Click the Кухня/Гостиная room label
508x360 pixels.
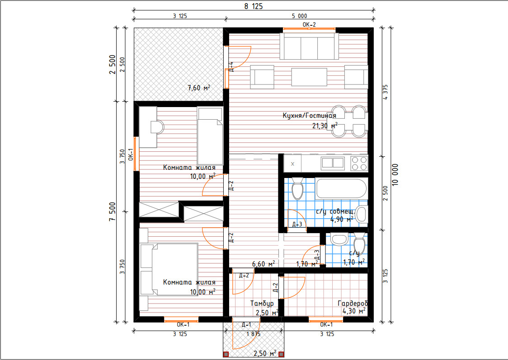pyautogui.click(x=309, y=116)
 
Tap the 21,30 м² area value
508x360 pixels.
pyautogui.click(x=325, y=126)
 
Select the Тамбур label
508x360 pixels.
pyautogui.click(x=262, y=304)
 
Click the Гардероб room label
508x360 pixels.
pyautogui.click(x=353, y=304)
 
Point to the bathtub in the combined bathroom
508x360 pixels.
pyautogui.click(x=341, y=188)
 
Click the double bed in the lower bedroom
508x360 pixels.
pyautogui.click(x=169, y=269)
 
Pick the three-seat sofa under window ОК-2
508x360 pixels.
pyautogui.click(x=309, y=46)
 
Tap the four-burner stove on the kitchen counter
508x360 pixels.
pyautogui.click(x=359, y=164)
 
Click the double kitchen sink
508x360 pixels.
pyautogui.click(x=333, y=163)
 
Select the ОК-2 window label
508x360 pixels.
pyautogui.click(x=309, y=24)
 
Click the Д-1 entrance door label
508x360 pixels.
pyautogui.click(x=246, y=325)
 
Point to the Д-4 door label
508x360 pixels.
pyautogui.click(x=231, y=67)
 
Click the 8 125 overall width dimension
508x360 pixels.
pyautogui.click(x=254, y=6)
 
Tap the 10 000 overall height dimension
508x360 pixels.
pyautogui.click(x=395, y=175)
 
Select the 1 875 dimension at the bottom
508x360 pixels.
pyautogui.click(x=254, y=334)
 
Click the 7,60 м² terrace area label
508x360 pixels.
pyautogui.click(x=198, y=88)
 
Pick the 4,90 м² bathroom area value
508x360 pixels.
pyautogui.click(x=342, y=220)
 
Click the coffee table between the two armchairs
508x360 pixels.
pyautogui.click(x=309, y=77)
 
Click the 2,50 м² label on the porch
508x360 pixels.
pyautogui.click(x=265, y=353)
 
